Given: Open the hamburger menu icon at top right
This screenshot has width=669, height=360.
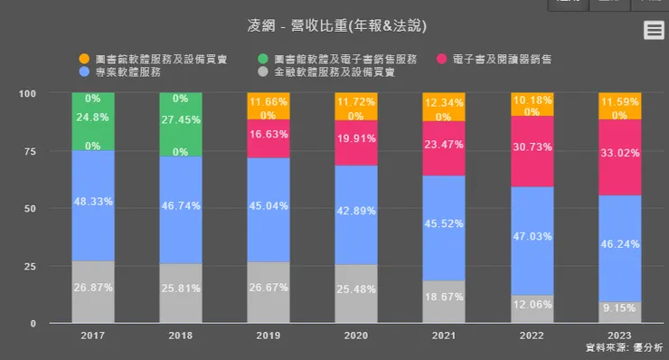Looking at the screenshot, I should click(x=654, y=31).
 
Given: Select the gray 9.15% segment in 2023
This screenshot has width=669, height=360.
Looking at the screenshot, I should click(x=619, y=312).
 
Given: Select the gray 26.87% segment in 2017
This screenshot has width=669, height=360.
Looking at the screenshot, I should click(x=93, y=291).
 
